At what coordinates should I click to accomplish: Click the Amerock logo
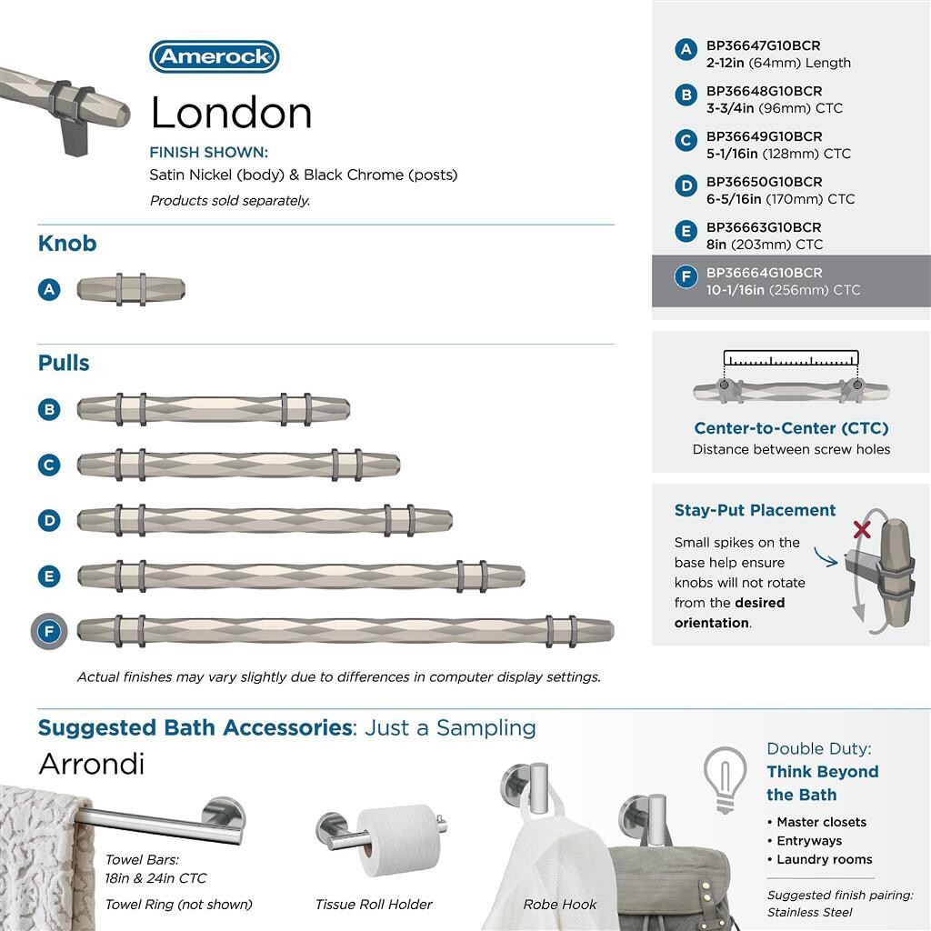(214, 56)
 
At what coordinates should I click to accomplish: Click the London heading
(231, 113)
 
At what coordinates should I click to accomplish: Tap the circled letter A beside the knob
(49, 289)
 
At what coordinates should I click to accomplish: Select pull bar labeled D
(264, 520)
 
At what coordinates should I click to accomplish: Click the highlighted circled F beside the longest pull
(49, 631)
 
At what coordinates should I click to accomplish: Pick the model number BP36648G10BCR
(764, 91)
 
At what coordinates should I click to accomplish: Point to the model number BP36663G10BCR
(764, 227)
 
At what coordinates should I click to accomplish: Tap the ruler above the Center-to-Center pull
(790, 358)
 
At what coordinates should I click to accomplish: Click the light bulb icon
(726, 777)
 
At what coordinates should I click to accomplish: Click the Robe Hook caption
(560, 904)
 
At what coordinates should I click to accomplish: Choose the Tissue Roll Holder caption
(374, 904)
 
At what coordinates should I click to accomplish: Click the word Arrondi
(91, 764)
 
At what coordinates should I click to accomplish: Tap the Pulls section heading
(64, 363)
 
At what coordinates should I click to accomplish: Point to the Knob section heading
(67, 244)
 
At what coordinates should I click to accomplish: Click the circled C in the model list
(686, 140)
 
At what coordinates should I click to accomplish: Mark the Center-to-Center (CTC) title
(791, 428)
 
